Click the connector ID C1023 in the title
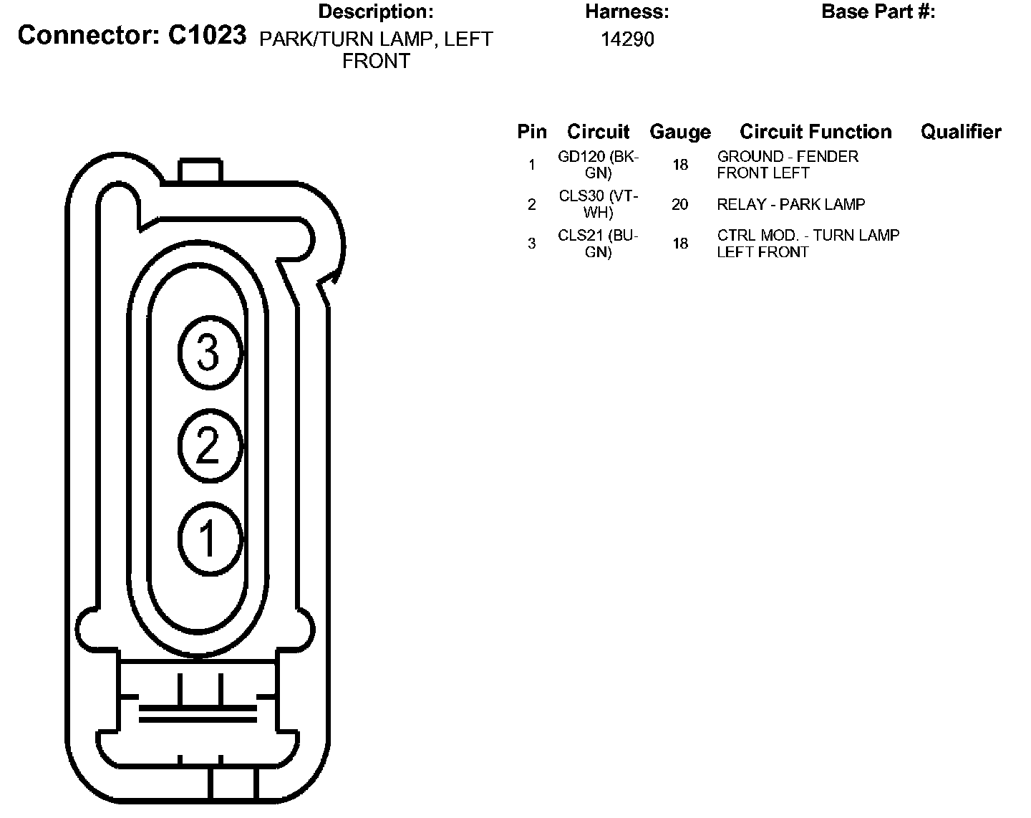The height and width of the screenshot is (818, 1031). click(207, 35)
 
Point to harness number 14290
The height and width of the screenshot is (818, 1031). click(627, 39)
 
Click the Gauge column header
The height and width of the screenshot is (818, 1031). click(680, 133)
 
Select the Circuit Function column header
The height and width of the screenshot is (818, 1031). click(815, 131)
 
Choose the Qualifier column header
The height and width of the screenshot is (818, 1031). click(961, 131)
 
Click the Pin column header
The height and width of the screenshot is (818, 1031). click(532, 131)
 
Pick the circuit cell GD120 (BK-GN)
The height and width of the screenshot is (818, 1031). click(599, 165)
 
